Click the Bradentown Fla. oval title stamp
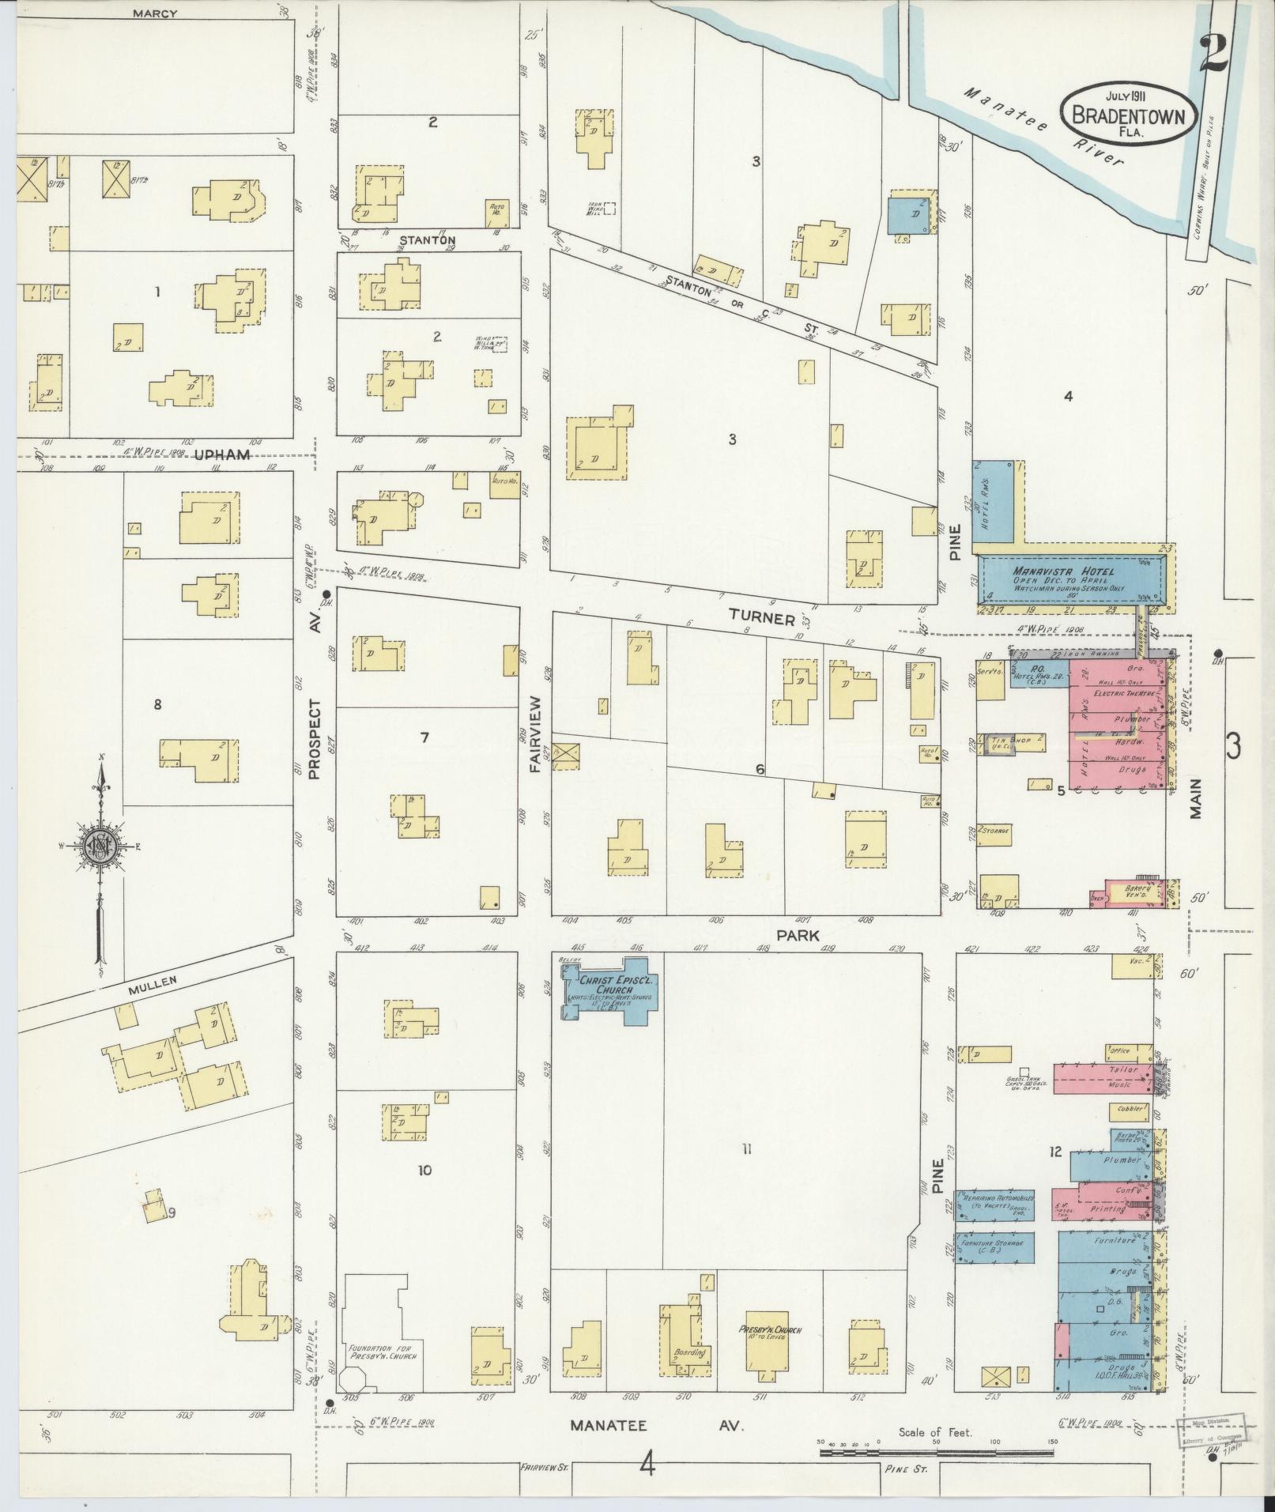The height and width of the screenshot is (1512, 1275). pos(1128,113)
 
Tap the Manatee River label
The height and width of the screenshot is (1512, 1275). pos(1043,126)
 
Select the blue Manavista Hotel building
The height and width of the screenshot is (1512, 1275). pos(1073,579)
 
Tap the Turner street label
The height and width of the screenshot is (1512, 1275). pos(761,617)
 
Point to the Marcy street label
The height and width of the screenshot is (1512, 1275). pos(155,13)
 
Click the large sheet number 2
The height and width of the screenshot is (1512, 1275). pos(1212,54)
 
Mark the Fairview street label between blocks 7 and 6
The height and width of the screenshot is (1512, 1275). pos(535,733)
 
